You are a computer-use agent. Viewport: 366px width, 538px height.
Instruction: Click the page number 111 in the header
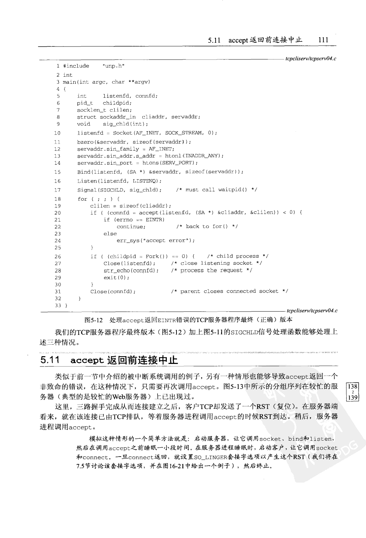323,40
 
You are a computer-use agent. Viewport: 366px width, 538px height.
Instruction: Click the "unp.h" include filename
113,66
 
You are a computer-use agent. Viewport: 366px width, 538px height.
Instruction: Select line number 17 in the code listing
57,190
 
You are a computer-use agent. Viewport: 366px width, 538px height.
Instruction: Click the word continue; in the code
131,227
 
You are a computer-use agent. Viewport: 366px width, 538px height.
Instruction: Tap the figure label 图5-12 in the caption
93,320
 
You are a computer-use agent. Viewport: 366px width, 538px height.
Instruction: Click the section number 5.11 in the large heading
51,360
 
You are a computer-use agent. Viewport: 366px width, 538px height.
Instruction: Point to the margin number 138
352,387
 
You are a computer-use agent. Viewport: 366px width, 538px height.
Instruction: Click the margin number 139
352,397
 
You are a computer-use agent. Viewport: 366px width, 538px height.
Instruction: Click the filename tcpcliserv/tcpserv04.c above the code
311,59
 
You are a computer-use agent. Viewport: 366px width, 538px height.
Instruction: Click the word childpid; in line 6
117,103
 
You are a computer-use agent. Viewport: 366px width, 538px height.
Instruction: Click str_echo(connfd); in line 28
131,271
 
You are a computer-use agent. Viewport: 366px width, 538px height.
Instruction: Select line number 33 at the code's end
58,305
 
